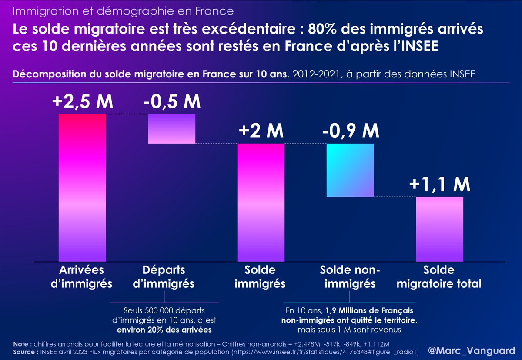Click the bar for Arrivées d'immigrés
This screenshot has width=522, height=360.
(x=82, y=187)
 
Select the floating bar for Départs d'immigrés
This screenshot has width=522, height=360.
(x=172, y=129)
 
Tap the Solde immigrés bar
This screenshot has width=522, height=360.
(x=261, y=202)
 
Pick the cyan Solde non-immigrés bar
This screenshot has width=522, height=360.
(x=350, y=170)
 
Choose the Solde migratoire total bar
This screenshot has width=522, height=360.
(x=439, y=229)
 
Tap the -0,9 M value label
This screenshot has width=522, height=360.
(x=350, y=131)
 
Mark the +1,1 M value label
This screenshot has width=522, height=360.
(x=439, y=185)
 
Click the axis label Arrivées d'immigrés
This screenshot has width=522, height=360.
(x=82, y=277)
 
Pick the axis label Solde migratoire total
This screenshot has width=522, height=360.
(x=439, y=277)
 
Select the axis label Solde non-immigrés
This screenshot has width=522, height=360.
(x=350, y=277)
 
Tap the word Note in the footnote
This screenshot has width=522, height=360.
(x=22, y=343)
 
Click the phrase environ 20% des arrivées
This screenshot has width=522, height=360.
(x=164, y=329)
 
